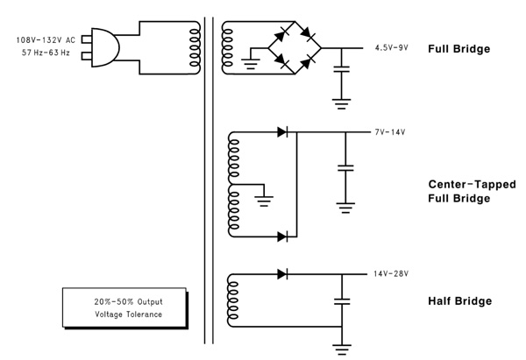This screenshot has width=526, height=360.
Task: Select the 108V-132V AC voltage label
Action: (x=46, y=40)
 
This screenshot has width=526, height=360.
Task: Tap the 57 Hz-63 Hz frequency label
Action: (x=46, y=53)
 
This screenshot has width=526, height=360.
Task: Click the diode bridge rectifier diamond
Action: (x=294, y=46)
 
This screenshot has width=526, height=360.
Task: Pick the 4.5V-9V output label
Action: (x=391, y=47)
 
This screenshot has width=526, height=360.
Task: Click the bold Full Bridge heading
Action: (x=458, y=48)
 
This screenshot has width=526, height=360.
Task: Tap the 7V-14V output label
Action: (x=390, y=131)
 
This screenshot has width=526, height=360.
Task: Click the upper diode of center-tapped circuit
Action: (x=282, y=132)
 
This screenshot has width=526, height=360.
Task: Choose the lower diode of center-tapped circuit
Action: (x=282, y=236)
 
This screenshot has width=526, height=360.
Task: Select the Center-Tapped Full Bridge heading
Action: (x=458, y=191)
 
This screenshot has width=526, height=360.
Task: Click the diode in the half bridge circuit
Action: (x=282, y=274)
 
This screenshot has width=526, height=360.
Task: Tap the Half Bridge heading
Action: (x=459, y=301)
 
